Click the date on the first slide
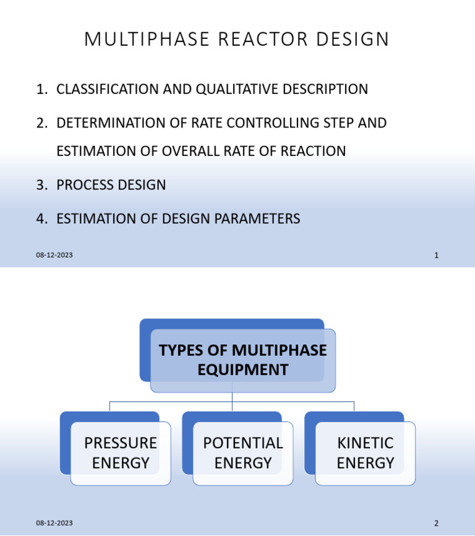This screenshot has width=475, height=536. [54, 255]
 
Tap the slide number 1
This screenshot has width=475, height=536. [436, 255]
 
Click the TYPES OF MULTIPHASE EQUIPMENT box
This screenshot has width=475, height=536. [242, 360]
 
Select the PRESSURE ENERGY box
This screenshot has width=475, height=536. [121, 453]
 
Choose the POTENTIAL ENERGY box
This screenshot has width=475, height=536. [242, 453]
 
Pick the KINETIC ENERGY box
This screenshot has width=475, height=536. [365, 453]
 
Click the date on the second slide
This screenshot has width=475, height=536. [54, 523]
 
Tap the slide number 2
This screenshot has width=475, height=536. [436, 523]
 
